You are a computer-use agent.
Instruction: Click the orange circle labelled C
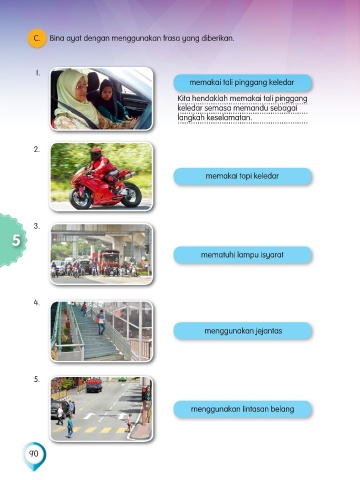(37, 39)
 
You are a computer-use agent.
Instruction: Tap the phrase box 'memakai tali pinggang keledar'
(243, 83)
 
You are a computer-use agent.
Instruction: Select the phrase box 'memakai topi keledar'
(243, 176)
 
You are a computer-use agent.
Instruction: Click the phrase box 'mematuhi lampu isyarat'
(243, 255)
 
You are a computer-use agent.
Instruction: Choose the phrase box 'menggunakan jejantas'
(243, 331)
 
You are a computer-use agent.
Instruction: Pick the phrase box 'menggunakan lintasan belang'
(243, 409)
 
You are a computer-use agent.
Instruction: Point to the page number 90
(34, 454)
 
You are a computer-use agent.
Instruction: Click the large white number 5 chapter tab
(16, 240)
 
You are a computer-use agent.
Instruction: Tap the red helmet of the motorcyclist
(96, 154)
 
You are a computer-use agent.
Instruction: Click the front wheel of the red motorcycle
(80, 198)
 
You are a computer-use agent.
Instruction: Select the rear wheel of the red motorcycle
(131, 195)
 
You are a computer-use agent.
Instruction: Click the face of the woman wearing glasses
(81, 87)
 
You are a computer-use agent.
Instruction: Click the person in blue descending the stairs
(101, 322)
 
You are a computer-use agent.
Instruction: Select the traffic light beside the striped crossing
(146, 394)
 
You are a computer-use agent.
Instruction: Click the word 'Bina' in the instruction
(56, 38)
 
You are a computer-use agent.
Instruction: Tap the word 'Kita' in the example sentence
(184, 99)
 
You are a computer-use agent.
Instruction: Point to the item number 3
(37, 226)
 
